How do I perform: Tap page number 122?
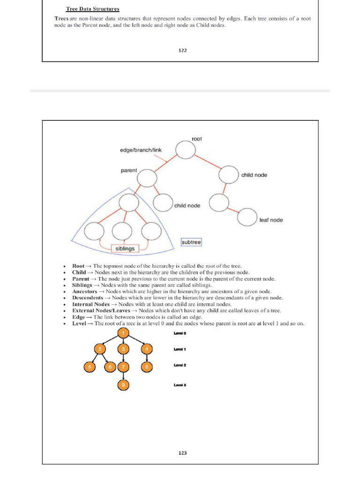click(x=182, y=51)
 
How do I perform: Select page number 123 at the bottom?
click(x=182, y=453)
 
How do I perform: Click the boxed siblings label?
click(x=125, y=248)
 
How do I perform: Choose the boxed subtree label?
click(x=191, y=242)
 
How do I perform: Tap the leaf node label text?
click(x=271, y=220)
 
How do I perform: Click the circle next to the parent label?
click(x=147, y=177)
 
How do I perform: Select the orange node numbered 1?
click(x=123, y=333)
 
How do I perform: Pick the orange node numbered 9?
click(x=123, y=385)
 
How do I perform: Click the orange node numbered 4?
click(x=147, y=349)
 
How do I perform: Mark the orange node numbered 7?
click(x=123, y=367)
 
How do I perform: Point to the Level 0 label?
click(x=180, y=333)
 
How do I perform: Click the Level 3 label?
click(x=180, y=385)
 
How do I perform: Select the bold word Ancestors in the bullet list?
click(x=84, y=291)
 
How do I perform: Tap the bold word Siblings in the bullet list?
click(x=82, y=285)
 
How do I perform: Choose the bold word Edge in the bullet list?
click(x=79, y=317)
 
